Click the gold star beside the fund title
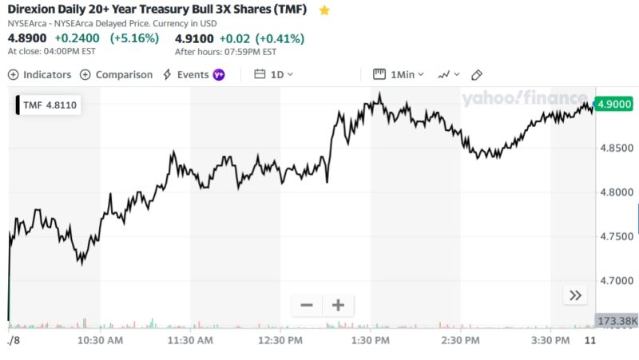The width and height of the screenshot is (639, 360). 324,10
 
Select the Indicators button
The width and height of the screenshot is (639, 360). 40,74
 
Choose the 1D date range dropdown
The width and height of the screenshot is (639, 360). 273,74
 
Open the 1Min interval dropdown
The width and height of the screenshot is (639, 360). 399,74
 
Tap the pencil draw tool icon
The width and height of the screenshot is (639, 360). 477,74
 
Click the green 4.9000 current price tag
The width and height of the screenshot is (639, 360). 615,104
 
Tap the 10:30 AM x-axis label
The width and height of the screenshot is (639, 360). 100,341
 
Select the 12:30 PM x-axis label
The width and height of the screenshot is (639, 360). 280,341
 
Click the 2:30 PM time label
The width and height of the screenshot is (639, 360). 460,341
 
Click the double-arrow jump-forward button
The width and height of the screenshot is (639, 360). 575,295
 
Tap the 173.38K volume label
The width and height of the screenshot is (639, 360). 617,321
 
